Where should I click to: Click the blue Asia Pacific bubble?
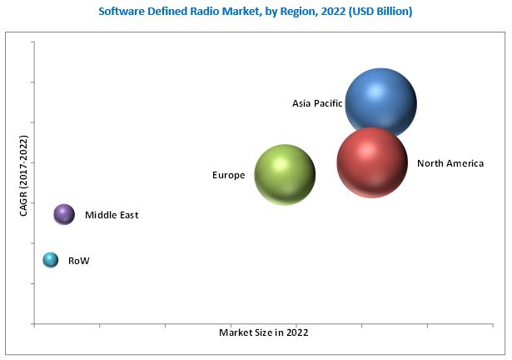click(380, 102)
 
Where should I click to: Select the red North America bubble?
click(372, 162)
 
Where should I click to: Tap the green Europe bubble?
click(285, 174)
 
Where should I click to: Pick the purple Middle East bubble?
click(64, 215)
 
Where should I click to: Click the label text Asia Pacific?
click(317, 103)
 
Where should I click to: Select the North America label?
click(450, 163)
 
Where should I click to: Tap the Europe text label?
click(228, 175)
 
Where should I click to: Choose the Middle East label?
click(112, 215)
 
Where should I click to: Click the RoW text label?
click(78, 261)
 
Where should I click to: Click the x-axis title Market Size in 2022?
click(264, 332)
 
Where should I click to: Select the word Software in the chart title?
click(122, 12)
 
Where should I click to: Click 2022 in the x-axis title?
click(296, 332)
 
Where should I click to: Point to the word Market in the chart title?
click(231, 12)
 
